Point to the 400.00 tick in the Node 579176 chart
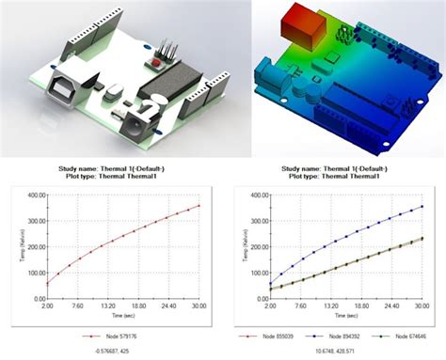point(34,195)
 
